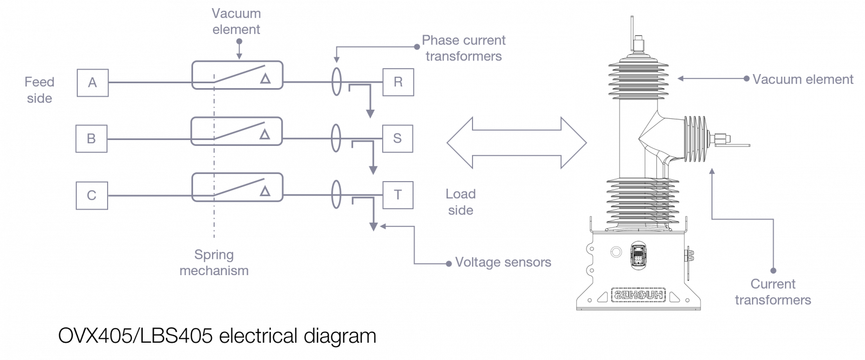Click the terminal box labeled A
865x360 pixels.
92,83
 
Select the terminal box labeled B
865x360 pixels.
91,138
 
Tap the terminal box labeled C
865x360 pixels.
91,195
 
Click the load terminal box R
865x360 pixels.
398,83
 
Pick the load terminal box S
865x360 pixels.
397,138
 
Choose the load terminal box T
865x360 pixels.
398,195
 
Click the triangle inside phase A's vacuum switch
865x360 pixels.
265,79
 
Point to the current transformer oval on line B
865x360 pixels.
336,138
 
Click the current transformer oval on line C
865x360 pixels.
336,195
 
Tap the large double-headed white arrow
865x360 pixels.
516,142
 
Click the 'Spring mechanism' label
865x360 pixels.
214,263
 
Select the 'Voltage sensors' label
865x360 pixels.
503,263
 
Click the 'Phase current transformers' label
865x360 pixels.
463,48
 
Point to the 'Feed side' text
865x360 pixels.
39,90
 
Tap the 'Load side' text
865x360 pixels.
461,202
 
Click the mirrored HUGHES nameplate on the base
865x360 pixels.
640,295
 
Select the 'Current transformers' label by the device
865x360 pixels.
773,292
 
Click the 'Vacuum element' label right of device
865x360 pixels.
803,79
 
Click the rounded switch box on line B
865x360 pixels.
237,131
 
